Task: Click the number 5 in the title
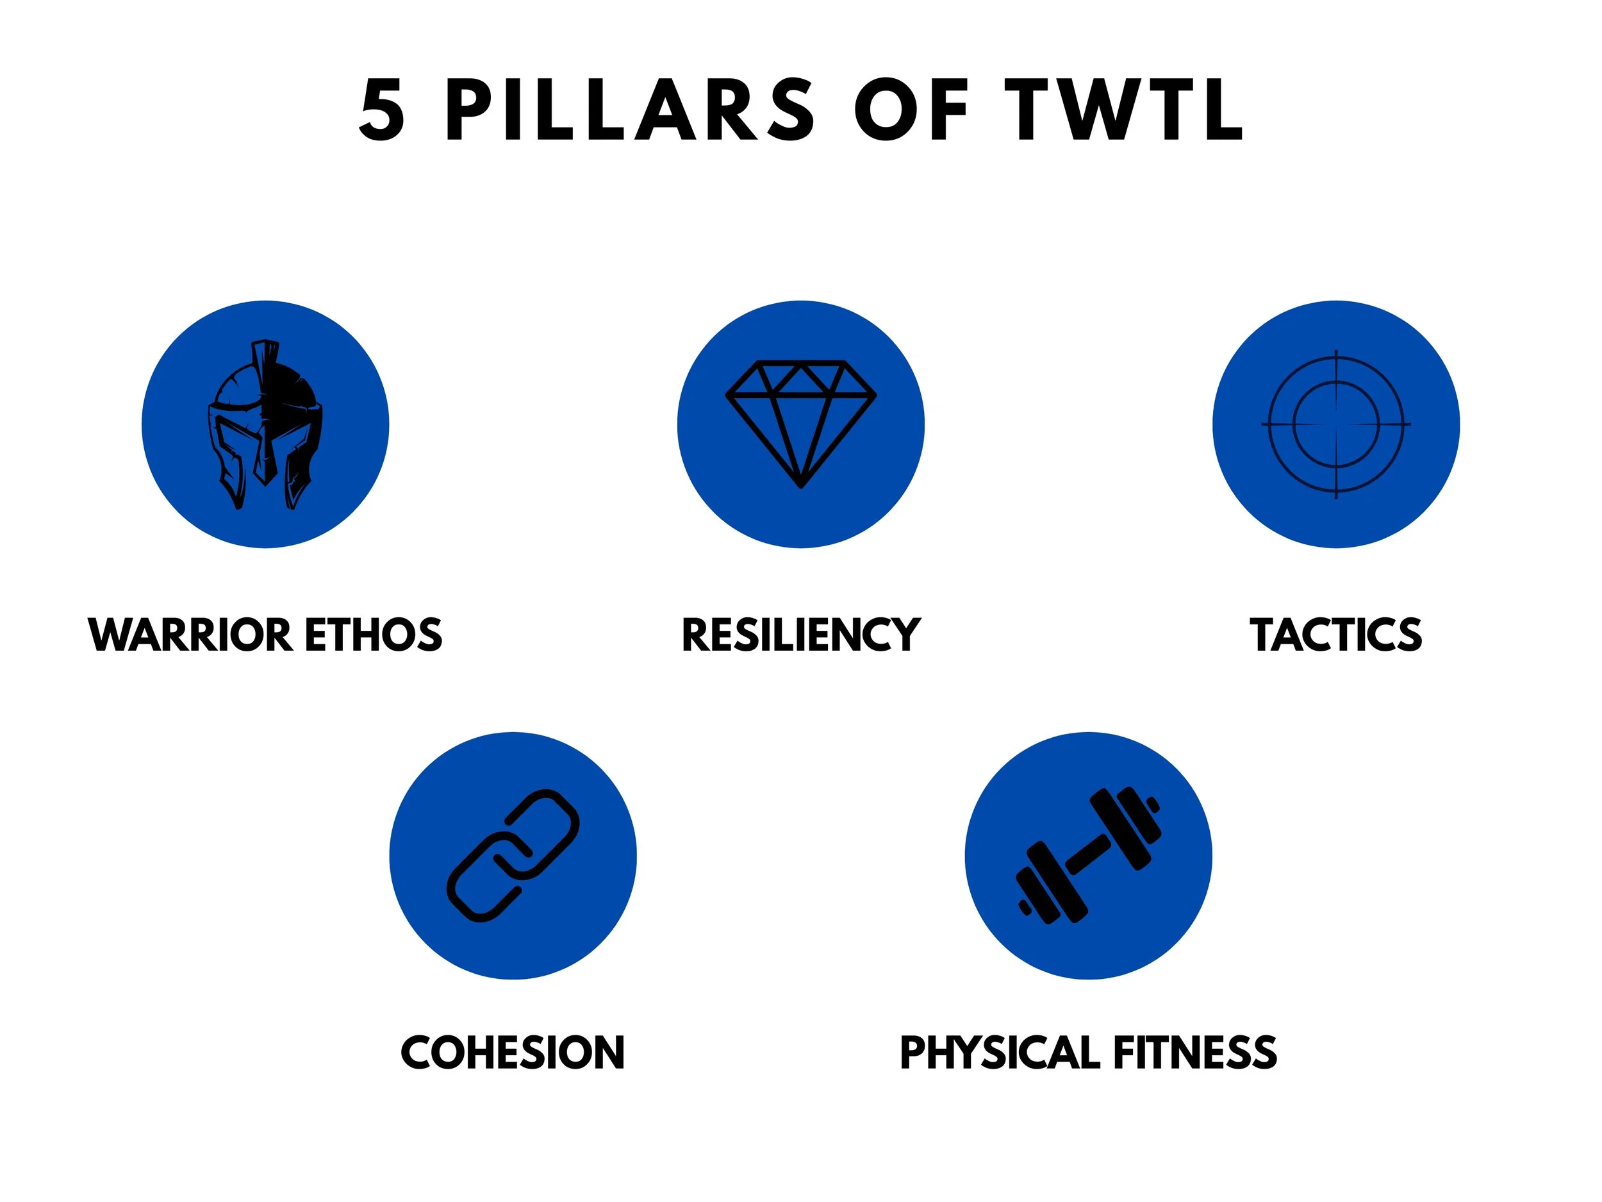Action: pos(382,110)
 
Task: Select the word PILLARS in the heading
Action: pos(631,110)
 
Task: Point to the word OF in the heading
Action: pos(912,110)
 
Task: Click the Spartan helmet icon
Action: pos(265,424)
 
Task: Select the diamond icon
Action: pos(800,423)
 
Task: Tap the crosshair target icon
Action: pos(1335,424)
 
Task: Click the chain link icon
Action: pos(513,855)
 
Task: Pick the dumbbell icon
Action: pos(1088,855)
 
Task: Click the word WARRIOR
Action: pos(190,635)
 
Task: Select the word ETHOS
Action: pos(373,635)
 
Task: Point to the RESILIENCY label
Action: pos(800,635)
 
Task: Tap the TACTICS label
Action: pos(1335,635)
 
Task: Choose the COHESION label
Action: pos(513,1053)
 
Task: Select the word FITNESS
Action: pos(1195,1053)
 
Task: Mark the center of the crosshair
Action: pos(1335,424)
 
